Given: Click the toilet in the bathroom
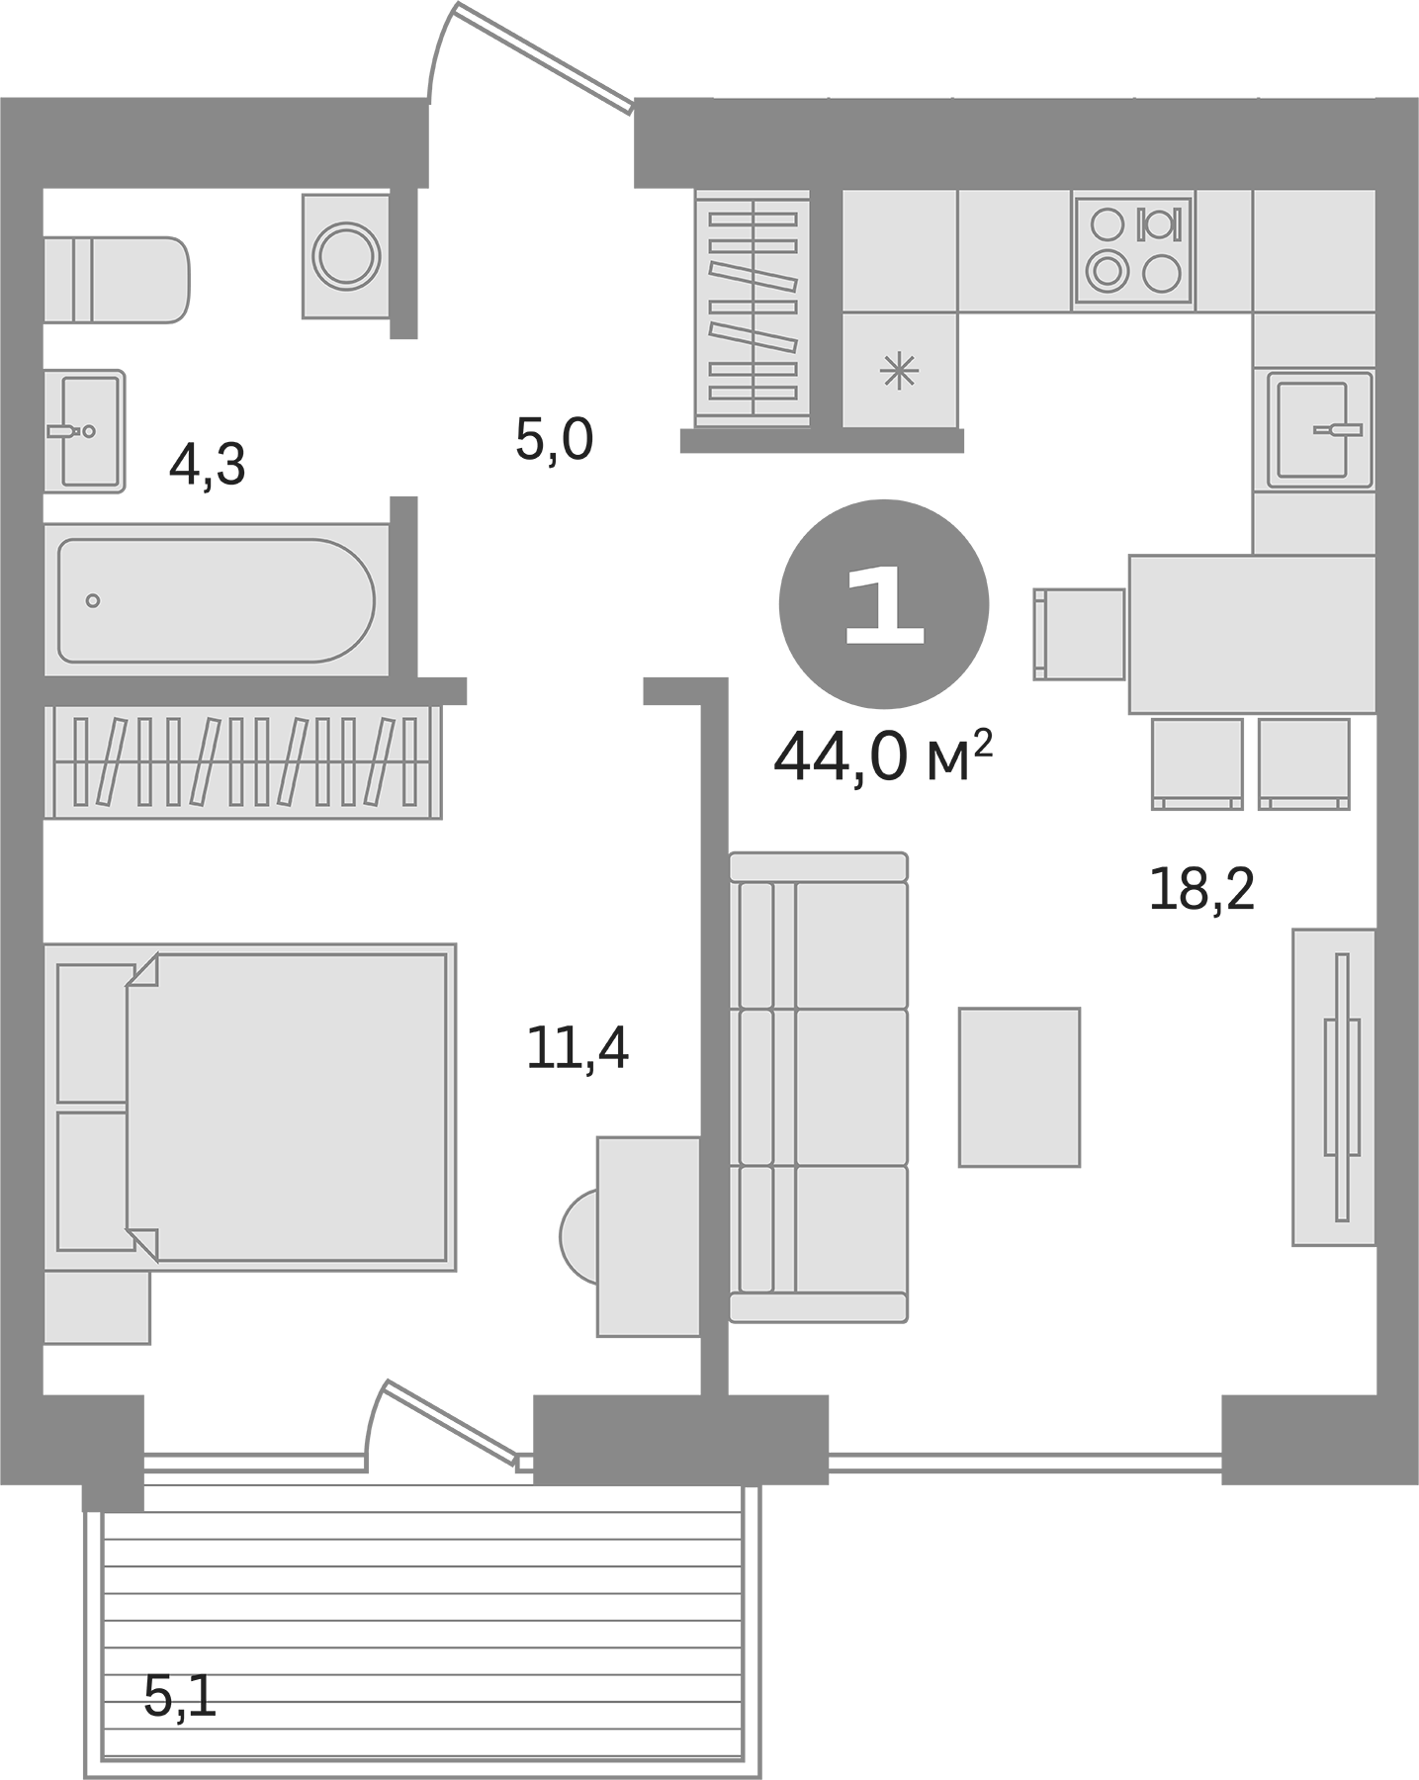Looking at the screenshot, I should [x=117, y=279].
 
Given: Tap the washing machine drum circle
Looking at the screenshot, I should [x=346, y=256].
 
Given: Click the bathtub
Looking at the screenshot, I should [x=216, y=600].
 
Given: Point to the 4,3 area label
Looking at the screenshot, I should [x=207, y=465].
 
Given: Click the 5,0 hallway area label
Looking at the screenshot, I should [x=554, y=440].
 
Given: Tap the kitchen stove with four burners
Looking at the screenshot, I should [x=1133, y=249].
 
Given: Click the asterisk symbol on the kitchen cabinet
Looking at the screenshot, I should [x=899, y=372].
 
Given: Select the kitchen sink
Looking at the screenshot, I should [x=1320, y=430].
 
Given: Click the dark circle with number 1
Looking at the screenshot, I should [x=884, y=603].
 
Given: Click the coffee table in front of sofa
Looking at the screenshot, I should [x=1019, y=1087].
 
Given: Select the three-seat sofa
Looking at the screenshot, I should [x=819, y=1087].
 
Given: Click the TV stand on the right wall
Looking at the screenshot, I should [x=1334, y=1087].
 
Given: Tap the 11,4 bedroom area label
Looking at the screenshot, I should [x=577, y=1048].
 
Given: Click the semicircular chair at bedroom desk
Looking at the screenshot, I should [x=579, y=1236].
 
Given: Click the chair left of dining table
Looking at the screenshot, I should [x=1079, y=634].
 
